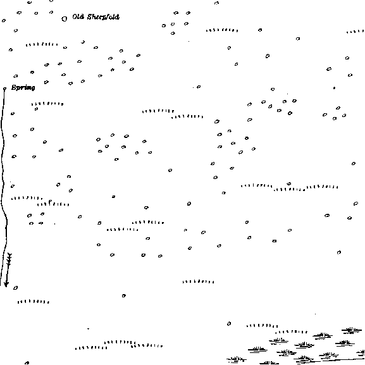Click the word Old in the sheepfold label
78,16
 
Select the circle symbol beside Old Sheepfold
65,19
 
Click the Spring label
23,87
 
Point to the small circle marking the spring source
4,89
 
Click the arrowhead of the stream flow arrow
6,284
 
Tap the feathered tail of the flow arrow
9,259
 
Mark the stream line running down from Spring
3,186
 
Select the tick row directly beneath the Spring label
47,104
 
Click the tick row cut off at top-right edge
356,32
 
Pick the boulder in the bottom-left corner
27,363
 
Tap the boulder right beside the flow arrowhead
15,288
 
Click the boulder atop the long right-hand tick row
289,183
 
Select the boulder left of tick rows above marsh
229,323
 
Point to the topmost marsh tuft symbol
352,330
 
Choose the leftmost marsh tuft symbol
237,360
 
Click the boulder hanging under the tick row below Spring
36,109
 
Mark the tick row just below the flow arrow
34,302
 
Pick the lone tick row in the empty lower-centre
199,281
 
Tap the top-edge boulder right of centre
216,3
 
